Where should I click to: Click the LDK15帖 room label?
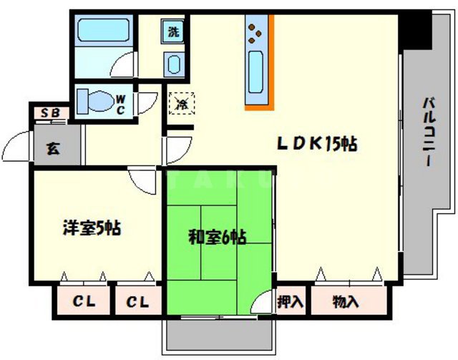[x=317, y=143]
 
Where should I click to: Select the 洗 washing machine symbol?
[x=174, y=31]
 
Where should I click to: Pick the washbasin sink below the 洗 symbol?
[x=174, y=64]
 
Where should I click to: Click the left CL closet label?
[x=82, y=302]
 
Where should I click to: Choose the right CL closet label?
[x=137, y=302]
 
